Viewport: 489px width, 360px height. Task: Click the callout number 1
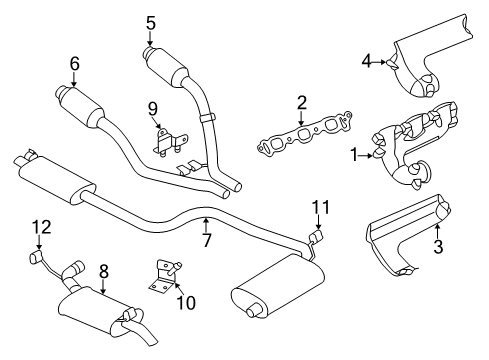point(352,155)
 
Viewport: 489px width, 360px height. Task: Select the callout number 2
point(301,101)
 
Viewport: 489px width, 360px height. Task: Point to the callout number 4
point(367,62)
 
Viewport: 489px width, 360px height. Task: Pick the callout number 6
point(74,63)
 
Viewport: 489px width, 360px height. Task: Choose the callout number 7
point(207,241)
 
